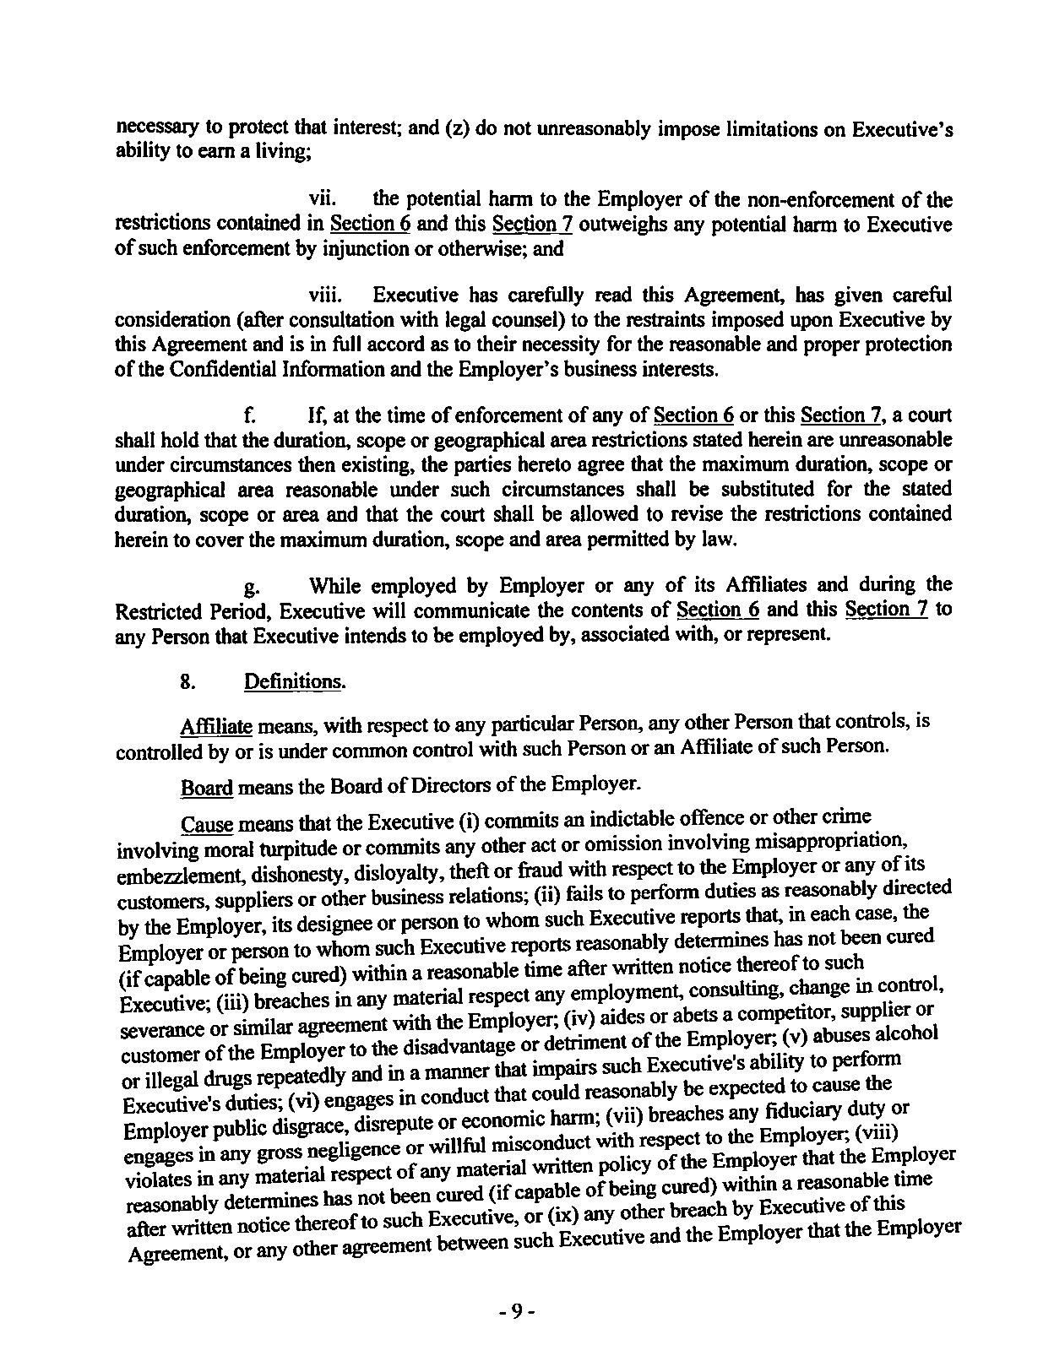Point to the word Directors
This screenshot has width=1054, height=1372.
coord(460,785)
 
